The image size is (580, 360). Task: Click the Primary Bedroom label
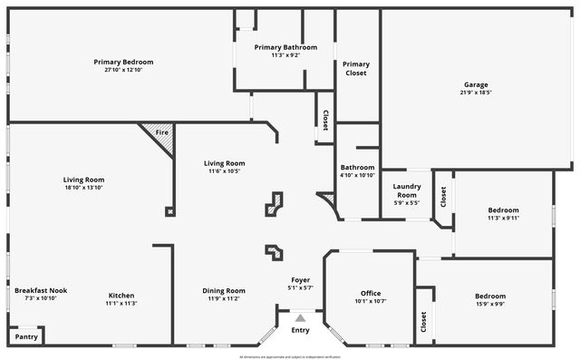123,62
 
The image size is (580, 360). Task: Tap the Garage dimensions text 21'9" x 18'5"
476,92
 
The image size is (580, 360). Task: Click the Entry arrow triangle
300,318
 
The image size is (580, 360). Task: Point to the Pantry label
26,336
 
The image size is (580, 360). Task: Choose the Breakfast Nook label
41,290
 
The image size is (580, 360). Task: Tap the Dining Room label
224,290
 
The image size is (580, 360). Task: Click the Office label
371,293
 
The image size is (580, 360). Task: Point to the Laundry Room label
406,190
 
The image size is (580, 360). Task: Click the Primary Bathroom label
285,47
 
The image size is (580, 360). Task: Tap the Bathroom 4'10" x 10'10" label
357,171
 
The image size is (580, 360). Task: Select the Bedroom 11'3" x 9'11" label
503,214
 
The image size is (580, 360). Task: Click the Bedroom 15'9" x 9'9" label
490,300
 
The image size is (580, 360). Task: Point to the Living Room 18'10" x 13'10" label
83,183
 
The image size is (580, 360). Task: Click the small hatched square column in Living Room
169,211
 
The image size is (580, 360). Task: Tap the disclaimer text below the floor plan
290,356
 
